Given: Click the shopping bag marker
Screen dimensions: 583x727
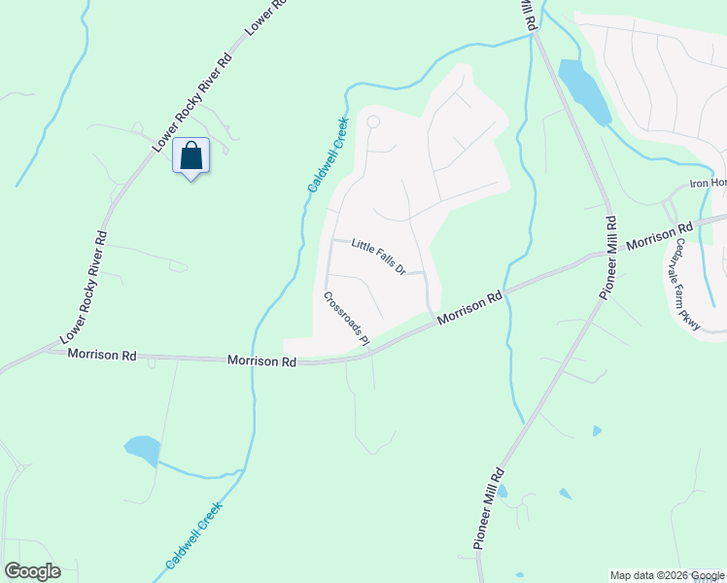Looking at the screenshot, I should point(190,155).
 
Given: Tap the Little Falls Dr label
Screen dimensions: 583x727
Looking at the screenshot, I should point(377,257).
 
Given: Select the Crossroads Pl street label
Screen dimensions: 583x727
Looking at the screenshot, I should point(347,318).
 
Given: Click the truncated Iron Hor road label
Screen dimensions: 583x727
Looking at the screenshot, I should point(708,183).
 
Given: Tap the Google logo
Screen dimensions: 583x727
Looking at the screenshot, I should point(32,571).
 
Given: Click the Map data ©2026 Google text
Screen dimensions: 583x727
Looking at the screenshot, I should point(666,575).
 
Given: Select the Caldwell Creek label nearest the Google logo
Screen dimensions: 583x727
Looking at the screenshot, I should point(193,535).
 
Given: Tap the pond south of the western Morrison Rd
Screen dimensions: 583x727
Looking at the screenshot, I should point(142,450).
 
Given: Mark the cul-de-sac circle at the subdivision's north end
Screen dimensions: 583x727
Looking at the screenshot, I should point(372,121).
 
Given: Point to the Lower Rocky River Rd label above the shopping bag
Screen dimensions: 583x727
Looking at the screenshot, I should point(195,100).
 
